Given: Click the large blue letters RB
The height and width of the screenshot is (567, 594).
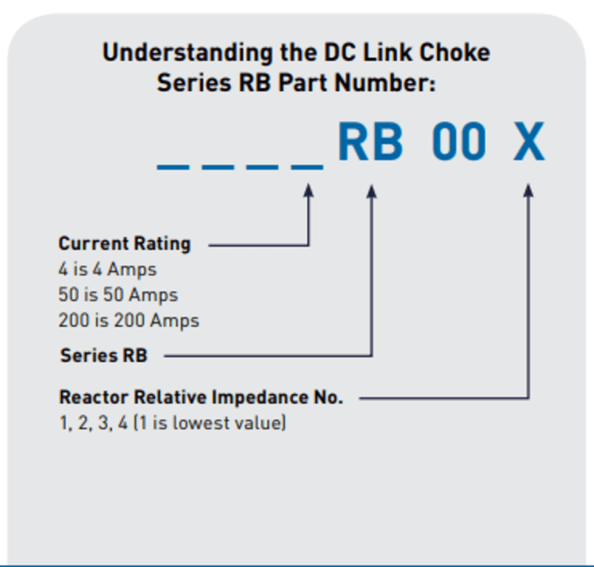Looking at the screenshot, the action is (370, 142).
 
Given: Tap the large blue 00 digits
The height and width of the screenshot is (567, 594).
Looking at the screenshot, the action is (459, 142).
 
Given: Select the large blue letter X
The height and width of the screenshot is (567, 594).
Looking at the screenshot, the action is (529, 142).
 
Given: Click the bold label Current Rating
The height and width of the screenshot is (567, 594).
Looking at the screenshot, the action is (124, 244).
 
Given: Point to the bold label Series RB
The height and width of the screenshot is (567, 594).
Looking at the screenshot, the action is (103, 355).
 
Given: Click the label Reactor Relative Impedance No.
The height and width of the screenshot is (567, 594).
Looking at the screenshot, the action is (201, 397).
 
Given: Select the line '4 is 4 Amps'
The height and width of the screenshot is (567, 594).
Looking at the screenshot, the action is (108, 269).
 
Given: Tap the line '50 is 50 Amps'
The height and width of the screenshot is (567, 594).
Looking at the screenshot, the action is (118, 295).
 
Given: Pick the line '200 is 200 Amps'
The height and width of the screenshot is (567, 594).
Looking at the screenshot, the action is (128, 320).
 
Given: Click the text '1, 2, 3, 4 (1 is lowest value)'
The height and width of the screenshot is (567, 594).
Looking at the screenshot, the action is (172, 424).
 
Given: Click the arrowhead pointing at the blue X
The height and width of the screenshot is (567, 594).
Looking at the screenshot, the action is (528, 190).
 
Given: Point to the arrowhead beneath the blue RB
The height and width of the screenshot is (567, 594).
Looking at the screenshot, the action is (372, 191).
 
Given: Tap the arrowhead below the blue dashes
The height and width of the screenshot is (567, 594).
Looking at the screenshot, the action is (309, 191).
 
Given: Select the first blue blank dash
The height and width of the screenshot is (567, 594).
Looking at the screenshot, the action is (172, 166).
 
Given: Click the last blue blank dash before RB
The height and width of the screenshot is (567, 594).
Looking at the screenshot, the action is (307, 166).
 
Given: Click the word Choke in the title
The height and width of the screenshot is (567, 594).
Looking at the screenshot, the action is (455, 53).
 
